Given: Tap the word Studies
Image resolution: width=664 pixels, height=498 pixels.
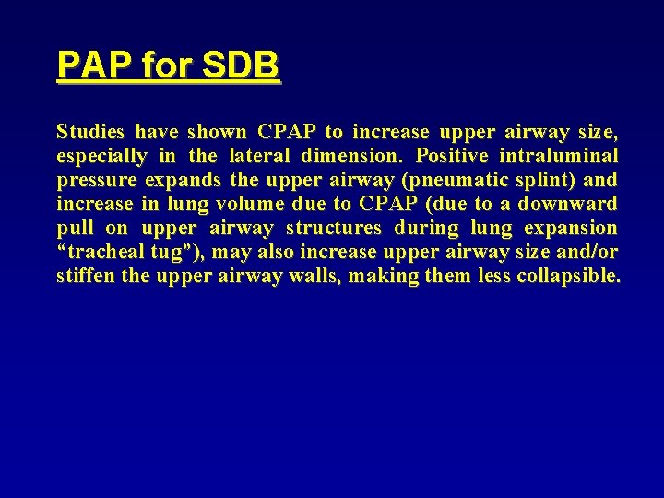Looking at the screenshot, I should [x=91, y=132].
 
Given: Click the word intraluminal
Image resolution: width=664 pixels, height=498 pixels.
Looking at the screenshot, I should [x=565, y=156].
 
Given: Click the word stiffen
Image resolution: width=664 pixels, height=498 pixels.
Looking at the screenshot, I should [x=87, y=276].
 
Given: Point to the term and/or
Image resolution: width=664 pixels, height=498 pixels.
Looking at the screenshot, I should [x=588, y=252].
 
